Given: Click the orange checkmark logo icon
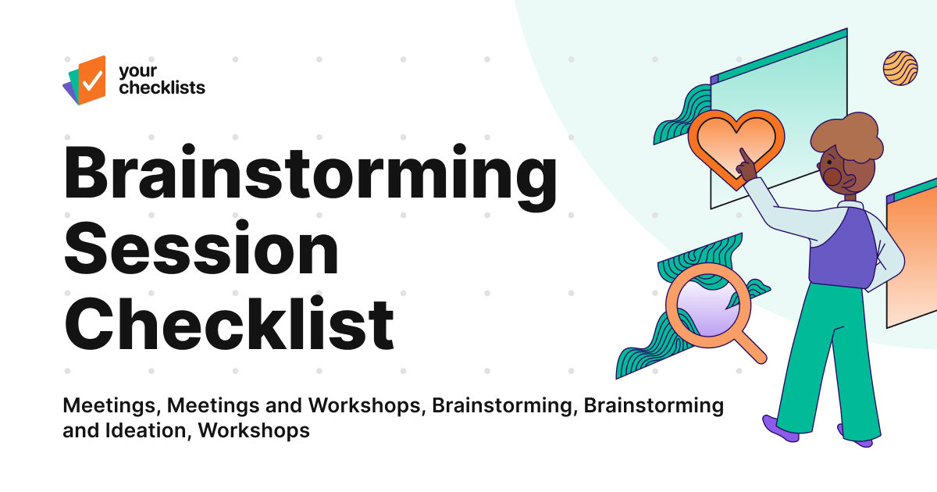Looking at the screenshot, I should [88, 79].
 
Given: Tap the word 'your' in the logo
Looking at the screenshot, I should [134, 71].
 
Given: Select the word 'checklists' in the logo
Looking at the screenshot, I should [162, 87].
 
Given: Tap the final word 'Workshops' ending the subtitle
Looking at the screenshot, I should [255, 430].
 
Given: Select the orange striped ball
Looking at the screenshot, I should [900, 67].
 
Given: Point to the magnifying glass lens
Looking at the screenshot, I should [702, 304].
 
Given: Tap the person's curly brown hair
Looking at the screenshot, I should [847, 139].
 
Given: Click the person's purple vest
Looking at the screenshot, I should [839, 248].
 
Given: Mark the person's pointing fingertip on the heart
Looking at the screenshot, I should [739, 155].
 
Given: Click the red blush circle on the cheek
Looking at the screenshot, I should [833, 177].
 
